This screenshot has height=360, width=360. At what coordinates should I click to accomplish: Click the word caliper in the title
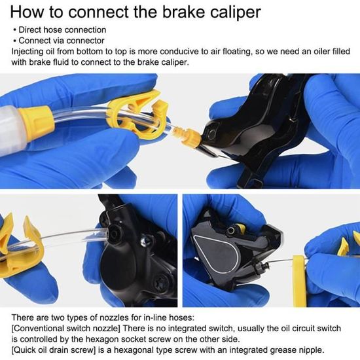[236, 12]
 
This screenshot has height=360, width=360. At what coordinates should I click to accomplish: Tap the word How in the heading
[26, 12]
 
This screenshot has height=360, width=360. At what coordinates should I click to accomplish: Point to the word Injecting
[27, 52]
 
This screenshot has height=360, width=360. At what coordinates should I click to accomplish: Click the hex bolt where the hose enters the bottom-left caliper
[114, 234]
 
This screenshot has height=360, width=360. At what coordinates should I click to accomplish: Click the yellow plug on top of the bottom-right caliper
[241, 228]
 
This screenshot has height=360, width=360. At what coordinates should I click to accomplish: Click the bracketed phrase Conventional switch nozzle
[66, 329]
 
